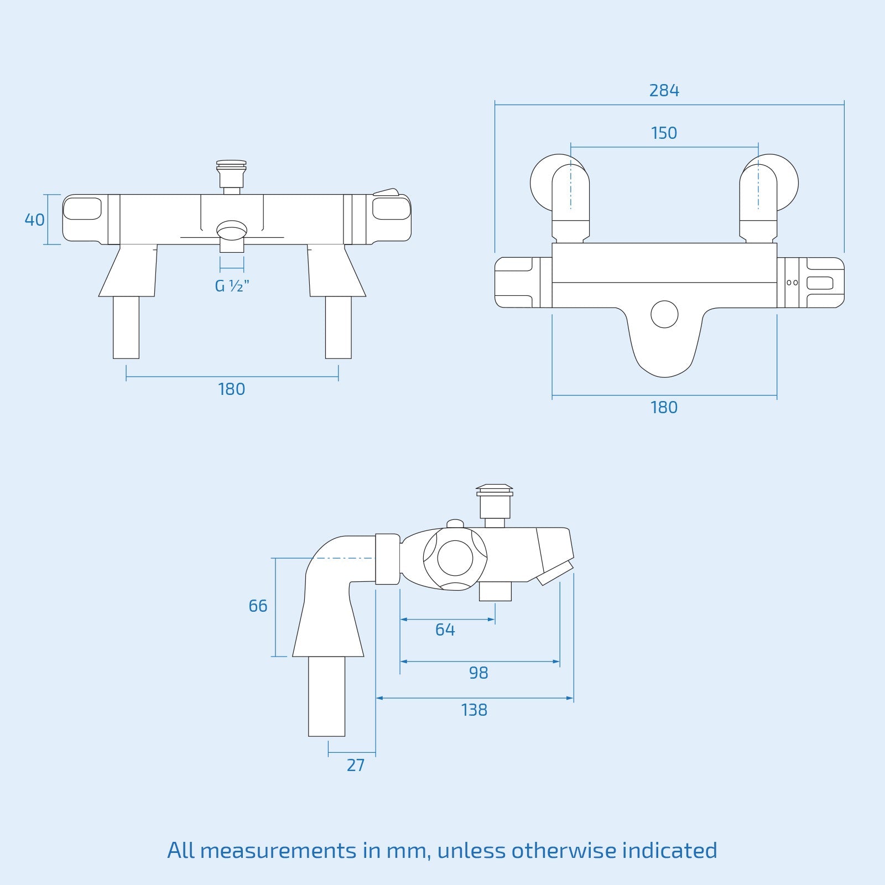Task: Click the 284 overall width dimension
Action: coord(664,90)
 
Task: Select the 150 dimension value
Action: coord(664,133)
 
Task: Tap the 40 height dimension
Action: coord(34,220)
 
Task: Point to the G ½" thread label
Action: coord(232,286)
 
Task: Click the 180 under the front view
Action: coord(231,389)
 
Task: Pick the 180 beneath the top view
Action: coord(664,407)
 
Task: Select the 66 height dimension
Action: coord(258,606)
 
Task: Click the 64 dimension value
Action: coord(445,629)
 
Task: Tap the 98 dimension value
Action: coord(478,673)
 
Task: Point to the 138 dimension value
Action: coord(474,710)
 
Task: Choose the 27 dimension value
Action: coord(355,765)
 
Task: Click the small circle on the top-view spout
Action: coord(664,314)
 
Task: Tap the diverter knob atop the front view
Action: coord(231,173)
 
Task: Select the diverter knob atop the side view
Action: coord(494,500)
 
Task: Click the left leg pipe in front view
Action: coord(126,327)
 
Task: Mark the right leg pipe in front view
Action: coord(338,327)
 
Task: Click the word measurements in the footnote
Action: coord(278,850)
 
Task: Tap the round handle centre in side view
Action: coord(455,558)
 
